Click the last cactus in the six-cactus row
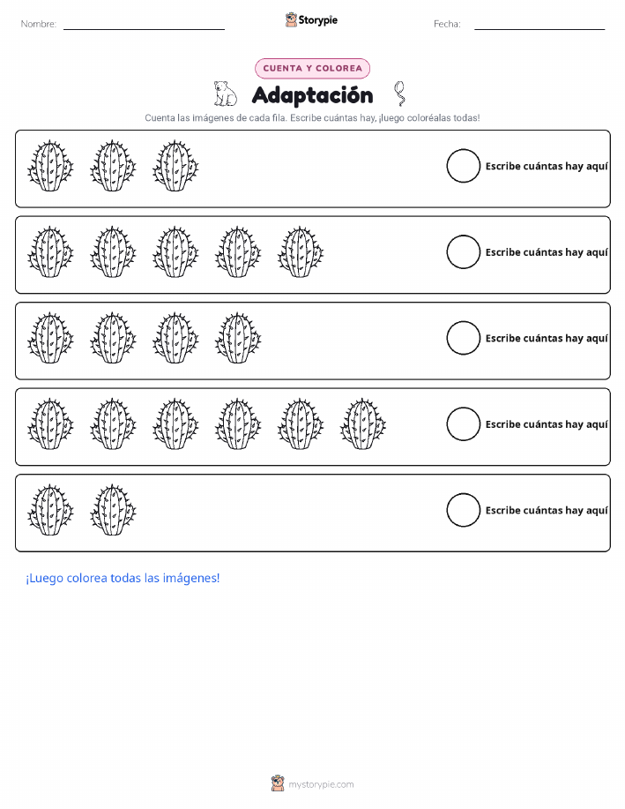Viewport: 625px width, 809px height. click(363, 423)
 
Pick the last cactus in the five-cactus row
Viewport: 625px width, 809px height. click(301, 251)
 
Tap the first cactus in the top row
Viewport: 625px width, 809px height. click(50, 166)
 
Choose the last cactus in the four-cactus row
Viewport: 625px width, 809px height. click(238, 338)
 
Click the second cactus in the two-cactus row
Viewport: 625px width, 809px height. click(113, 510)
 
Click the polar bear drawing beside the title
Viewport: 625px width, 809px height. click(225, 94)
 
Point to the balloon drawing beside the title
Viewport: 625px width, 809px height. click(399, 94)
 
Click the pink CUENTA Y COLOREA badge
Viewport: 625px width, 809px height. click(312, 68)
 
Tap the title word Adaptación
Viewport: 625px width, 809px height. click(312, 95)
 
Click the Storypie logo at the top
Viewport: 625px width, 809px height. click(311, 20)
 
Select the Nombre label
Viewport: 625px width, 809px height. click(39, 24)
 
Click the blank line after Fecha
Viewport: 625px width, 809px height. click(539, 29)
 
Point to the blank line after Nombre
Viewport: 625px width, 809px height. click(144, 29)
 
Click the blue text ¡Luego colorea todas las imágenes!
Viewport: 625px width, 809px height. click(123, 579)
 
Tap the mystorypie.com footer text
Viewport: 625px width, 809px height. click(321, 784)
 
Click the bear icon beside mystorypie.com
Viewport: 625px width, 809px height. click(278, 783)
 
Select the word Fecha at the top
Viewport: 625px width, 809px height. click(447, 24)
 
